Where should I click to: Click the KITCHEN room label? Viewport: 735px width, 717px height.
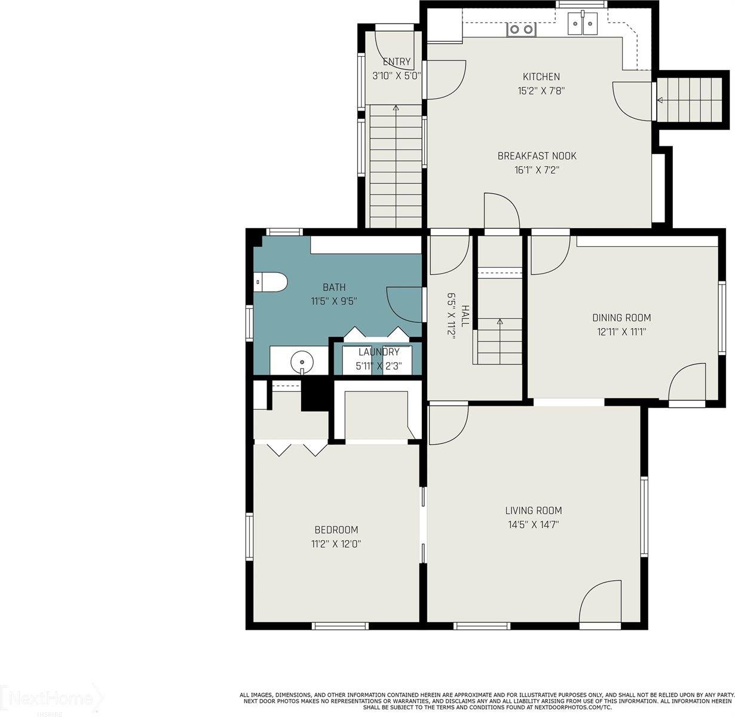[x=541, y=76]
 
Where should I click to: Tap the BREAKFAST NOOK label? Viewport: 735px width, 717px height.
[x=537, y=156]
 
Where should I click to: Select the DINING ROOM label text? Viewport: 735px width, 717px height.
[x=621, y=318]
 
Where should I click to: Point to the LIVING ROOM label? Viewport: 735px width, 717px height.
[x=533, y=510]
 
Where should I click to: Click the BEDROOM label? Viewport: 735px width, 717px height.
[x=336, y=529]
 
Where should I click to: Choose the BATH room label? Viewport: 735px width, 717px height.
[x=334, y=287]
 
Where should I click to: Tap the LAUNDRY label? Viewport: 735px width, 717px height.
[x=378, y=352]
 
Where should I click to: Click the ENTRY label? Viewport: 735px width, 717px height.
[x=396, y=62]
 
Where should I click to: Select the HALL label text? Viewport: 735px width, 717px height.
[x=465, y=315]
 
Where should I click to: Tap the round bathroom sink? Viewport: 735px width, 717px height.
[x=302, y=361]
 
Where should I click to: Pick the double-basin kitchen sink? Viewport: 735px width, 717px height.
[x=582, y=24]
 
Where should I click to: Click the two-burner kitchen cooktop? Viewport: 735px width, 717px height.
[x=520, y=29]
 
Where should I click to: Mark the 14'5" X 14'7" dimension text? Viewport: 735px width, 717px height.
[x=533, y=525]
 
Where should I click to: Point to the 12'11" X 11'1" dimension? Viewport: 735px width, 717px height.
[x=621, y=332]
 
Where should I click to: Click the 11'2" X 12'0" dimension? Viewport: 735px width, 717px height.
[x=336, y=544]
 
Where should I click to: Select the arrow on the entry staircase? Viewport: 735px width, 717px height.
[x=396, y=109]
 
